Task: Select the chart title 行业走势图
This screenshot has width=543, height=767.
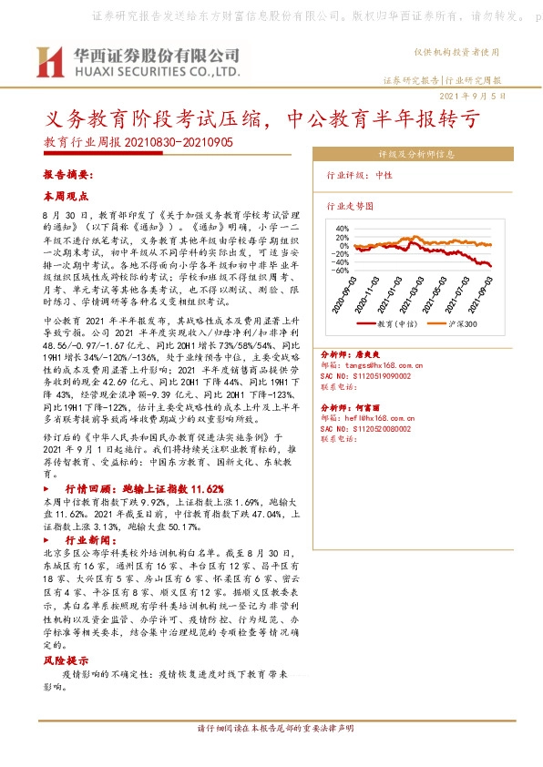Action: pos(350,206)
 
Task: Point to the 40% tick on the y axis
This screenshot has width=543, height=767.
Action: pos(344,228)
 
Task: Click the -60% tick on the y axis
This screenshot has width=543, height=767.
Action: pos(343,271)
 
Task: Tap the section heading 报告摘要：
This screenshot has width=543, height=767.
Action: pos(68,173)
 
